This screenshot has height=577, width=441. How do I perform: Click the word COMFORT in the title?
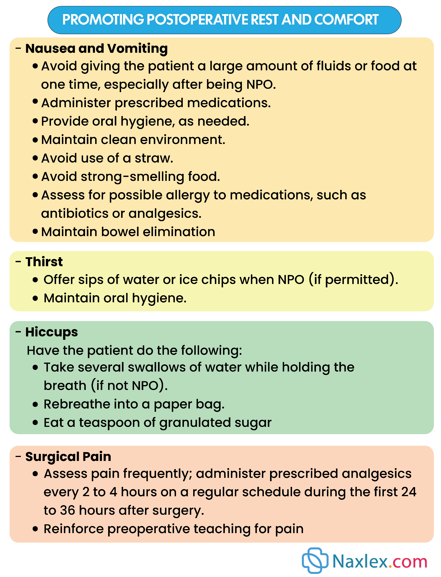click(x=346, y=20)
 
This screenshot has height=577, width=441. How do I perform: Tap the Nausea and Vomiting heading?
click(x=96, y=48)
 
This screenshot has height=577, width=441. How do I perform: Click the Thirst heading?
click(x=44, y=262)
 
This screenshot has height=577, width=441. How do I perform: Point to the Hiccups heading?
click(x=52, y=332)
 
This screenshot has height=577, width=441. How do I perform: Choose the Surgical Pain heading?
click(x=68, y=457)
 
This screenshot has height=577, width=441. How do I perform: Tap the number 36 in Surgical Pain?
click(x=68, y=511)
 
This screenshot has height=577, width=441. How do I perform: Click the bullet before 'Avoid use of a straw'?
click(x=35, y=158)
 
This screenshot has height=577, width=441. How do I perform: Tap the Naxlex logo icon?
click(x=315, y=561)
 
